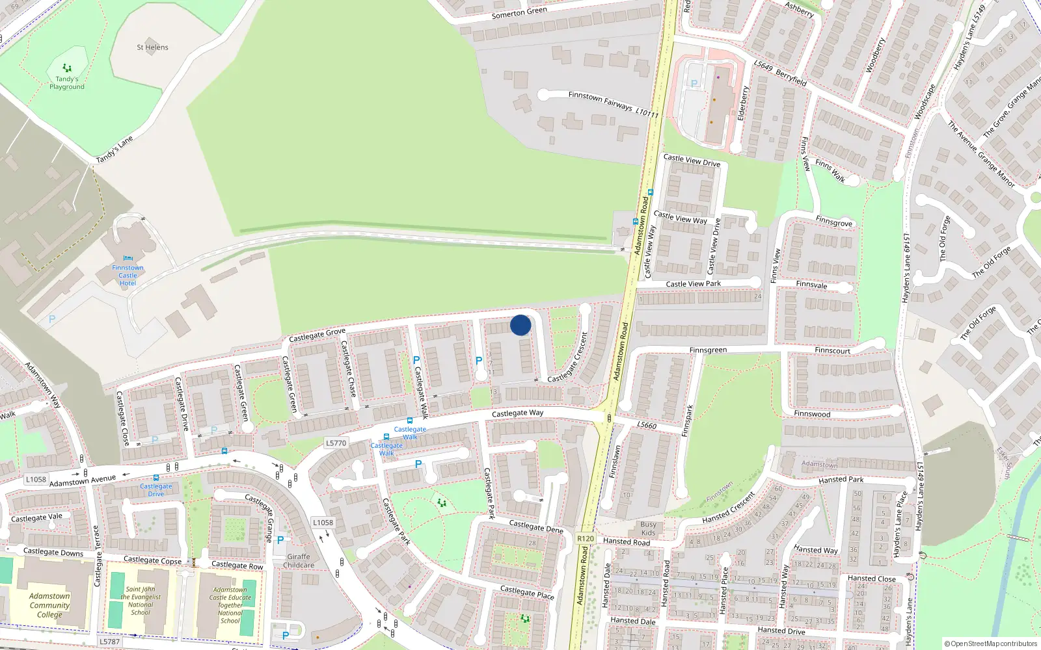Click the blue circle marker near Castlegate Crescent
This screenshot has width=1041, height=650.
coord(520,325)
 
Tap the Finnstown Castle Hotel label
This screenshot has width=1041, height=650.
coord(128,276)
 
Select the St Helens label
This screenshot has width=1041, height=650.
coord(152,47)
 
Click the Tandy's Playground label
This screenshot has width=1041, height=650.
coord(67,83)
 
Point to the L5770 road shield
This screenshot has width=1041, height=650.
coord(336,443)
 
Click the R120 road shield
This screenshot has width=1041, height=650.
coord(586,538)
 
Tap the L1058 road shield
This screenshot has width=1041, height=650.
coord(36,480)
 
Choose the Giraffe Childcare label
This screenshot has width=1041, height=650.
coord(299,561)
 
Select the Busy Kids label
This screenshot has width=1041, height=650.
coord(648,528)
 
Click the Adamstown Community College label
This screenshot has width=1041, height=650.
coord(49,605)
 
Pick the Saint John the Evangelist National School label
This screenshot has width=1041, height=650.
coord(141,601)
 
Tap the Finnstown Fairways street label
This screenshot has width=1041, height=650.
coord(613,104)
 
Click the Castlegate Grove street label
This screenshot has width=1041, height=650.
coord(317,335)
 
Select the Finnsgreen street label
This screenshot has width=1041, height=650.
coord(708,350)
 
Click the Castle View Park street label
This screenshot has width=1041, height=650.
coord(693,284)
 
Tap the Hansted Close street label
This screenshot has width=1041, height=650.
coord(871,578)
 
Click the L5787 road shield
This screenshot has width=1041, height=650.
coord(109,642)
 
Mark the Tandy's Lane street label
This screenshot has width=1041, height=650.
coord(115,149)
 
